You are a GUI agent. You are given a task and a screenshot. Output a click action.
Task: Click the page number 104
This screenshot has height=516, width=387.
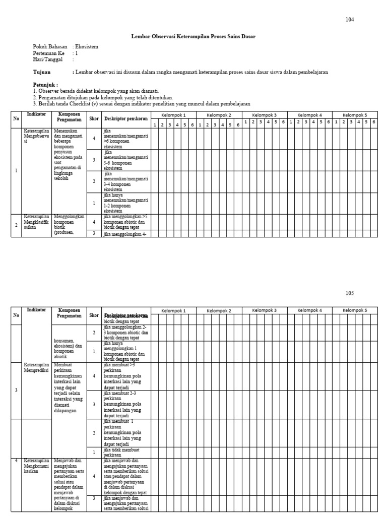350,20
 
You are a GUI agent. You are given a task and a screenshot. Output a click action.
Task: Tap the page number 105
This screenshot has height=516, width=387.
350,293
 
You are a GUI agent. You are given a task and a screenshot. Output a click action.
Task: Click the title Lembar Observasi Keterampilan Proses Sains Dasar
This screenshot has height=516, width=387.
193,37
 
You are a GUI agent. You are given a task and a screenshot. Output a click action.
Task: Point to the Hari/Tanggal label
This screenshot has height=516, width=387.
48,59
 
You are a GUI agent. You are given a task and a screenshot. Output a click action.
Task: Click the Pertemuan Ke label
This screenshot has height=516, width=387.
49,53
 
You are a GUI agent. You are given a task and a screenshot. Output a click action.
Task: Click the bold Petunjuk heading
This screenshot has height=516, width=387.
45,85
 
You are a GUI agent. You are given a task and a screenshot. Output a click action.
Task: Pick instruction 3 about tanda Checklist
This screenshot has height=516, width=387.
141,104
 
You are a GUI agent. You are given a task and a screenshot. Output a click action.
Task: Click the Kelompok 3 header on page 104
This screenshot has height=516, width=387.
264,115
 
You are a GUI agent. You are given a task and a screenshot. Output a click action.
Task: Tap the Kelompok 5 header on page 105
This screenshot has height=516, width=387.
355,310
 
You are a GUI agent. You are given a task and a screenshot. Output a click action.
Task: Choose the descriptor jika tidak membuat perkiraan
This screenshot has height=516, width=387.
121,452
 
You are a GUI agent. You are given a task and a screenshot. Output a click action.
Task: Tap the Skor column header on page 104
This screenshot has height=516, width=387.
94,118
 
